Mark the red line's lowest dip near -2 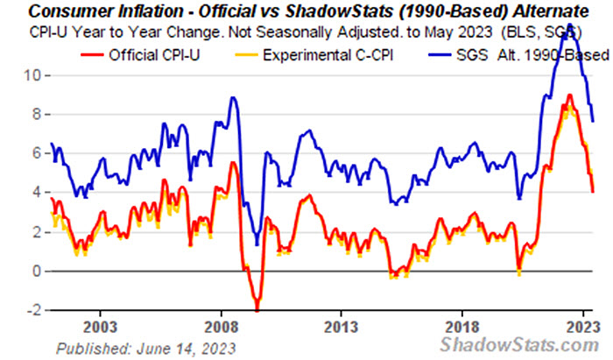(257, 309)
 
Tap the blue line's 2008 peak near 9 (233, 97)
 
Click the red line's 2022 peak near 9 (570, 95)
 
